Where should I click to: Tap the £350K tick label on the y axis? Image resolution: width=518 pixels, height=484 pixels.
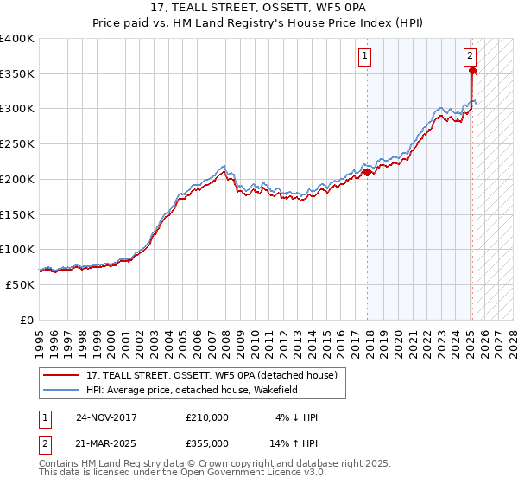(17, 73)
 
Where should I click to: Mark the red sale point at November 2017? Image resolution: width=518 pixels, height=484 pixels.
(368, 172)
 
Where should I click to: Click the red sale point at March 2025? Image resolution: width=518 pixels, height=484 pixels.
(473, 71)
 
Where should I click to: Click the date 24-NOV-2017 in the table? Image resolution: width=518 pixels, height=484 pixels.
(106, 417)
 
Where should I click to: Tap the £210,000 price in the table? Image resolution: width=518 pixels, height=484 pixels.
(207, 417)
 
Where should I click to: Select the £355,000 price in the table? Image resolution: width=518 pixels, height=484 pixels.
(207, 443)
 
